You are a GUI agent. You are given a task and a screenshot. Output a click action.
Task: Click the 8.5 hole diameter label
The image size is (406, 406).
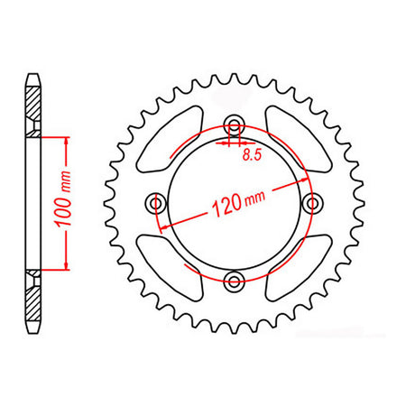[x=252, y=155]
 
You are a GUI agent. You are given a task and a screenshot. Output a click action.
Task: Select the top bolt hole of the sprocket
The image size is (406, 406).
[x=235, y=125]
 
